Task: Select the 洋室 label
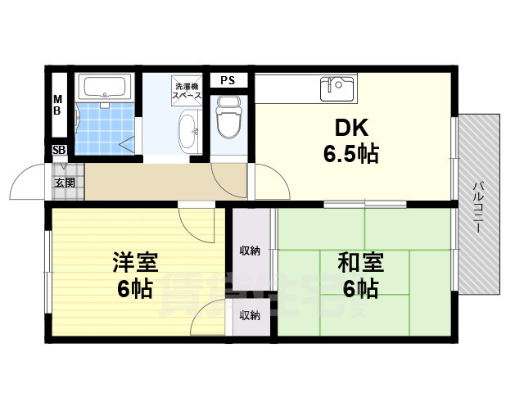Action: click(x=135, y=264)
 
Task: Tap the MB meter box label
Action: click(x=58, y=105)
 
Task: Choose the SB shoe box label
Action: click(x=59, y=151)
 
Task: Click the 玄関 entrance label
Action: click(x=65, y=183)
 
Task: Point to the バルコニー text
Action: click(x=477, y=205)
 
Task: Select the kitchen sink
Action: click(x=337, y=86)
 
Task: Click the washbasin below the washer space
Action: click(x=187, y=131)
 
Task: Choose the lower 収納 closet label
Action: click(x=250, y=315)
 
